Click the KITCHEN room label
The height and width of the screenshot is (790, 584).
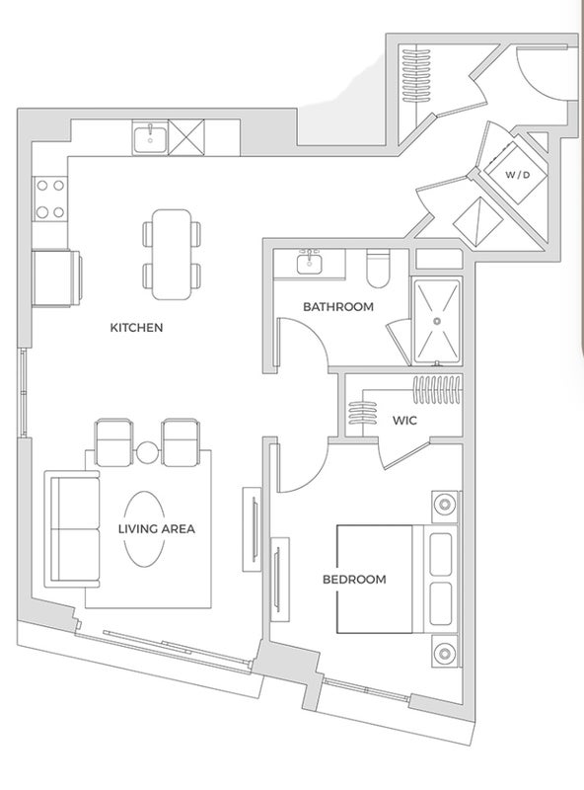pyautogui.click(x=136, y=328)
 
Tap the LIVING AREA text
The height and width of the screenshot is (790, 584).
pyautogui.click(x=157, y=529)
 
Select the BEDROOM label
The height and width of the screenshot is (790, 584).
pyautogui.click(x=354, y=580)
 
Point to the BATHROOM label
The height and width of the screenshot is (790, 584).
pyautogui.click(x=338, y=306)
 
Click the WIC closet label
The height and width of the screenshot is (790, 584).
pyautogui.click(x=404, y=420)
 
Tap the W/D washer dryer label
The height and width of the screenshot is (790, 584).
pyautogui.click(x=518, y=175)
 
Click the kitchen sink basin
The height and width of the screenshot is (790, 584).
pyautogui.click(x=150, y=137)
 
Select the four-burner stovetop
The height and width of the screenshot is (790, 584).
pyautogui.click(x=50, y=198)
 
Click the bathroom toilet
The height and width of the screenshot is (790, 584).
pyautogui.click(x=378, y=269)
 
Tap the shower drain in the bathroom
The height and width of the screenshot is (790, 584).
pyautogui.click(x=437, y=321)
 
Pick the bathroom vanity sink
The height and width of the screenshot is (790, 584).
pyautogui.click(x=309, y=262)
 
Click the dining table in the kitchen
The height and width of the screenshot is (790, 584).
pyautogui.click(x=172, y=255)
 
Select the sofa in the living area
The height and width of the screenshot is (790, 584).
pyautogui.click(x=72, y=529)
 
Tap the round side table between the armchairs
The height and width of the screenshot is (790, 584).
pyautogui.click(x=148, y=452)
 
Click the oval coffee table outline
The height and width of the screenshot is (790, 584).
pyautogui.click(x=144, y=529)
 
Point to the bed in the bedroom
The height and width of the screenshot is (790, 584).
pyautogui.click(x=398, y=579)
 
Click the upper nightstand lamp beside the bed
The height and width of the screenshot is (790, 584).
pyautogui.click(x=445, y=504)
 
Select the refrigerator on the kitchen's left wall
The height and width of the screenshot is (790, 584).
pyautogui.click(x=56, y=277)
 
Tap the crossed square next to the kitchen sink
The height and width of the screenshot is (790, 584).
pyautogui.click(x=186, y=137)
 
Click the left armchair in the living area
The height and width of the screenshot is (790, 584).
pyautogui.click(x=114, y=442)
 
